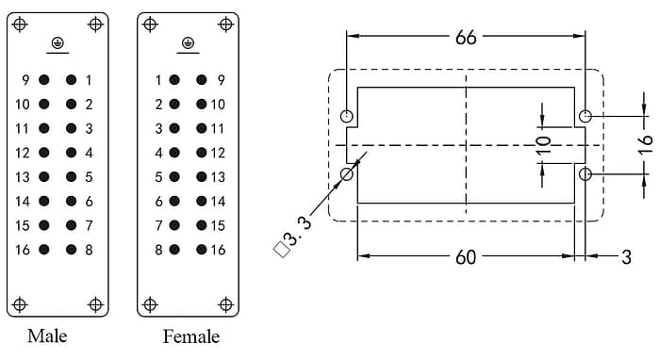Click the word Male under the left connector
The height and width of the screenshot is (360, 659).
(x=47, y=335)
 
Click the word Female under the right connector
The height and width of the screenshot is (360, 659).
(x=191, y=336)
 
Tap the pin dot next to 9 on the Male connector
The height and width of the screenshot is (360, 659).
(x=43, y=80)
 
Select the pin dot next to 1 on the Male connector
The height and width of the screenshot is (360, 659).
(x=71, y=80)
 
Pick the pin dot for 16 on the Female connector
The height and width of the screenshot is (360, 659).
(x=201, y=250)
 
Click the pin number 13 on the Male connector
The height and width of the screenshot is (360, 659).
(x=22, y=177)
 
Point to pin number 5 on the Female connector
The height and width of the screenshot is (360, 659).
(x=159, y=177)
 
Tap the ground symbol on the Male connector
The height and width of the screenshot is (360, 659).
(x=57, y=43)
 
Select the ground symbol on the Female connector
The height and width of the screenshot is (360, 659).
(x=187, y=43)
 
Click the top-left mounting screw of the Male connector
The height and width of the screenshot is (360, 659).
(x=20, y=25)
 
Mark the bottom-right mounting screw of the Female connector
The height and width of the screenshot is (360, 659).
(x=224, y=304)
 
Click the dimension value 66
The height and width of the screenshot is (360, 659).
(x=466, y=38)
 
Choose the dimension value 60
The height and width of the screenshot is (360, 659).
(x=466, y=257)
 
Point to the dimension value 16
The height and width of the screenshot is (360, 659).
(x=645, y=144)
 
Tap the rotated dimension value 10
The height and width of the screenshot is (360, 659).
(x=543, y=145)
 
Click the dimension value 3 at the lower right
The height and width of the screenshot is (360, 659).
(x=626, y=257)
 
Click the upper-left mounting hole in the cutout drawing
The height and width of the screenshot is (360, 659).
(x=347, y=117)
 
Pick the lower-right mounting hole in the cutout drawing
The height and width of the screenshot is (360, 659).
(x=585, y=173)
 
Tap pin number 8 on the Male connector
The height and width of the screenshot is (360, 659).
(x=89, y=250)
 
